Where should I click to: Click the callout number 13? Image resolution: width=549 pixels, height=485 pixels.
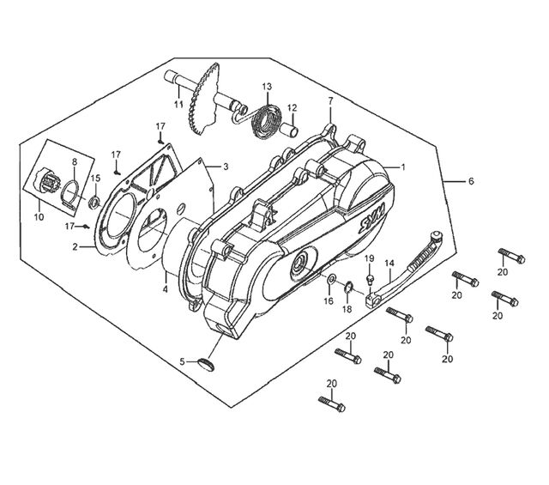(267, 86)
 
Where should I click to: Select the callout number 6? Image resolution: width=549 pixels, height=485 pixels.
(471, 181)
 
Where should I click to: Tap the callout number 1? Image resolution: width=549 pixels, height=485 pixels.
(403, 167)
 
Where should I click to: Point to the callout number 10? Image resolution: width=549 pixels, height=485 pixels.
(39, 217)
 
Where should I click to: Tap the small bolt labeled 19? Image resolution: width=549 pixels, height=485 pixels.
(370, 279)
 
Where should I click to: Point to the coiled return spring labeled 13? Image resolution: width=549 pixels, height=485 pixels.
(267, 121)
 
